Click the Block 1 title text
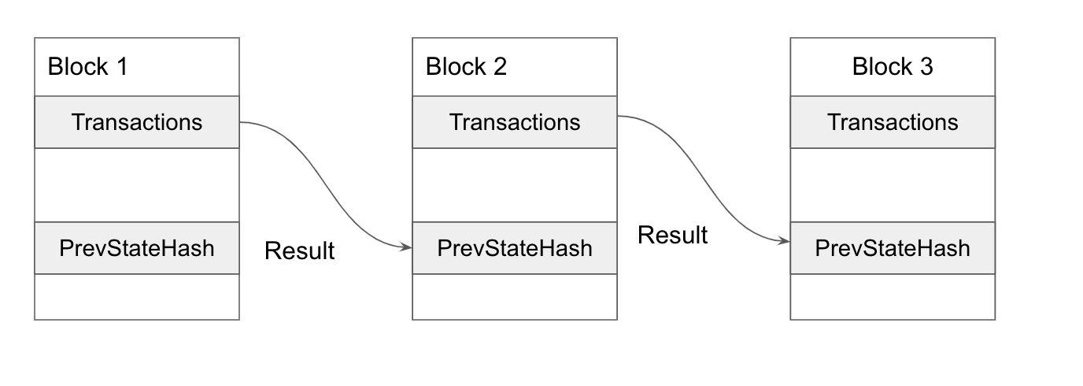tap(87, 67)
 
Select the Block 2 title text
tap(466, 67)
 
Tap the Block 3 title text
tap(893, 67)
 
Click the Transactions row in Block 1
tap(137, 122)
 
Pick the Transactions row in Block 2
tap(515, 122)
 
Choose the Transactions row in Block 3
tap(893, 122)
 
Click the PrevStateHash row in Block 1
tap(137, 248)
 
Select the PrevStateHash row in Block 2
tap(515, 248)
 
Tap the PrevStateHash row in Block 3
tap(893, 248)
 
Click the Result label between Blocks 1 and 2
tap(299, 251)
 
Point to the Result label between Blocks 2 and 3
tap(672, 235)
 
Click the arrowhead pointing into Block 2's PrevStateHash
tap(407, 247)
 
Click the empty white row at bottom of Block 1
tap(137, 297)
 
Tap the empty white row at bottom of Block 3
tap(893, 297)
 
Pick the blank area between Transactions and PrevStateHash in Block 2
tap(515, 185)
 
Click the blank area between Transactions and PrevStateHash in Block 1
tap(137, 185)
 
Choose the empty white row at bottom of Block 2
tap(515, 297)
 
